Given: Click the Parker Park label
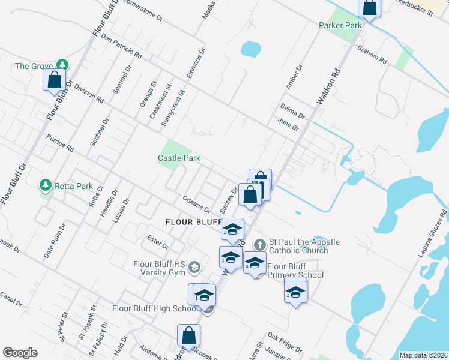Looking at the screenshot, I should (x=340, y=26).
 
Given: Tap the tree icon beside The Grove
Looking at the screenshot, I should (x=62, y=64).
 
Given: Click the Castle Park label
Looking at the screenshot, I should (x=178, y=158).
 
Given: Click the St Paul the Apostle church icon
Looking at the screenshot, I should (x=259, y=244).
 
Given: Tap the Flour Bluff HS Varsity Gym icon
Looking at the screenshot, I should (x=194, y=266).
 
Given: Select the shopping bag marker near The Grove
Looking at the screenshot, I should (x=54, y=80).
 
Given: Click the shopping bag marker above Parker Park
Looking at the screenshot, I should (x=370, y=8).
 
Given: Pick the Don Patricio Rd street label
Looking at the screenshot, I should (x=122, y=46).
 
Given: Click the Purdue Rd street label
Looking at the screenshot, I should (x=59, y=143).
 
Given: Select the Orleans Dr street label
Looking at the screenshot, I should (x=196, y=205).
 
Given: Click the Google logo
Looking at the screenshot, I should (x=20, y=353).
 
